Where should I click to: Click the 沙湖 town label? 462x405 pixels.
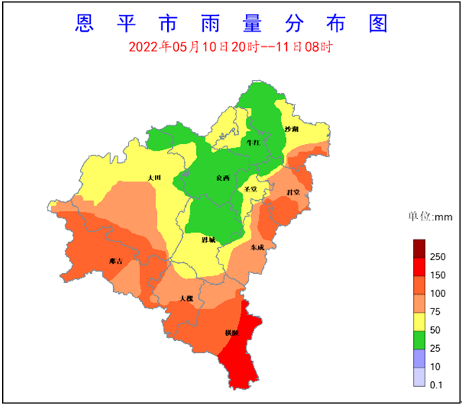pos(291,129)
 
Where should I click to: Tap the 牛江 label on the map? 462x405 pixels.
pos(253,143)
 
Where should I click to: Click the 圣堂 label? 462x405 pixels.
pos(251,190)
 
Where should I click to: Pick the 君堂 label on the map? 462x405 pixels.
pos(293,192)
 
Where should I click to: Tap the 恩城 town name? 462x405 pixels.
pos(208,239)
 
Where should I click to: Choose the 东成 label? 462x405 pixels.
pos(257,246)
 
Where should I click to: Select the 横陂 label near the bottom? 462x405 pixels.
pos(231,332)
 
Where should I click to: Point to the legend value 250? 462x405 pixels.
pos(437,257)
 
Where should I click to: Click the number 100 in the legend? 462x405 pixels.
pos(437,293)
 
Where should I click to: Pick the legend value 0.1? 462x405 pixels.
pos(436,386)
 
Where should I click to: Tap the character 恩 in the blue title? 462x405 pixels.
pos(84,23)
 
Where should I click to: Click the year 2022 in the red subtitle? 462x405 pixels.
pos(143,48)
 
